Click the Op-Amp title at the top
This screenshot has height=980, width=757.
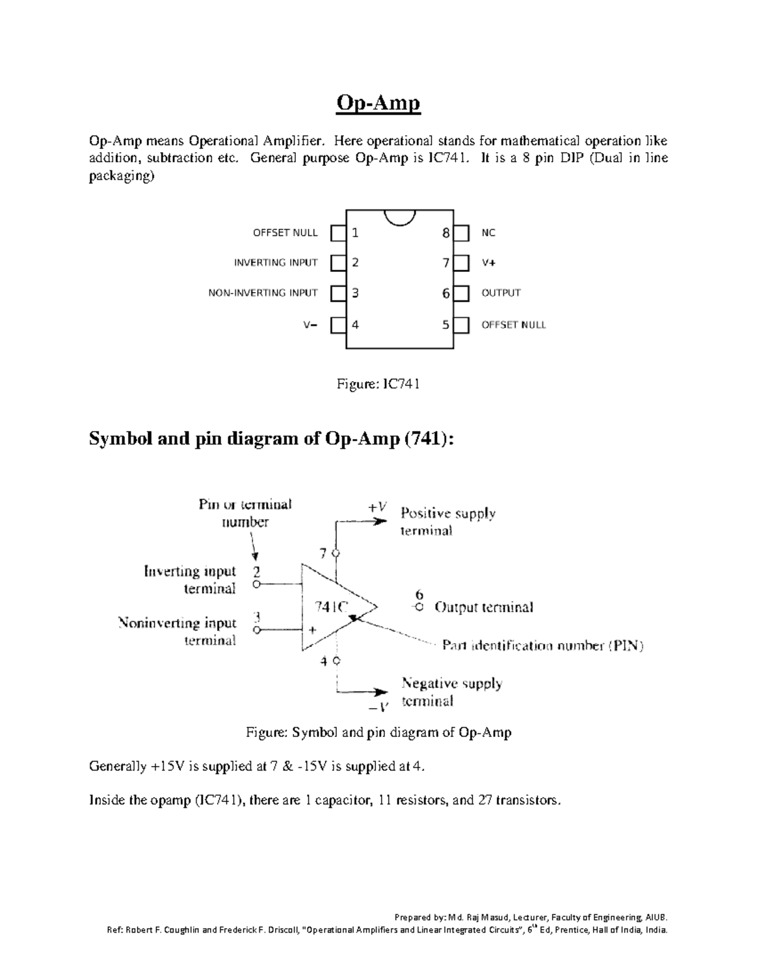(x=378, y=103)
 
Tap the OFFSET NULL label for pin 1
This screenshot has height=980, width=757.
(x=285, y=233)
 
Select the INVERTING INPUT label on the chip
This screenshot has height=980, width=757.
(x=276, y=263)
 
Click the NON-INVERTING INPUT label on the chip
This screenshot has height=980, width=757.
(x=263, y=293)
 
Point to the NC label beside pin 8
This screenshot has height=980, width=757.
(x=488, y=233)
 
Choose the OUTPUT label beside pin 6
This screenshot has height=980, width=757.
(x=501, y=293)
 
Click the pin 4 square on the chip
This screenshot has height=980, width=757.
(x=339, y=325)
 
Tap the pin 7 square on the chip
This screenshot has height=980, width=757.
(x=462, y=263)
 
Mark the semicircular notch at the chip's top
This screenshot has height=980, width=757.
(x=400, y=217)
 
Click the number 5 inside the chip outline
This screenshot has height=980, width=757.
(x=445, y=325)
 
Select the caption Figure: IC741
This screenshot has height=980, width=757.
(x=378, y=384)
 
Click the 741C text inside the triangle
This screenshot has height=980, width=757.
(x=331, y=607)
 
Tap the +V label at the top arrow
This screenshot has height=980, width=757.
(x=377, y=507)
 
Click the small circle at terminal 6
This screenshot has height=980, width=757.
(x=419, y=607)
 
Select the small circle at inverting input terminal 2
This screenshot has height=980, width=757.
(x=256, y=585)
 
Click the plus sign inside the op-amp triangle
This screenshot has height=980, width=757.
(x=312, y=630)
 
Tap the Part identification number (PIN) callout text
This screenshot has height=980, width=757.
(x=543, y=646)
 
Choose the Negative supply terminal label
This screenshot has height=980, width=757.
(x=452, y=692)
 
